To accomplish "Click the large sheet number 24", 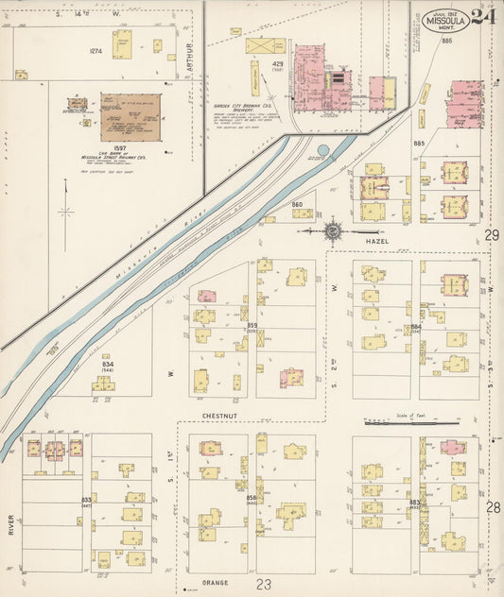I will pyautogui.click(x=483, y=17).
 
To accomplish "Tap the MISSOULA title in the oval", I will pyautogui.click(x=444, y=20).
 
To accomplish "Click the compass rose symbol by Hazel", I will pyautogui.click(x=334, y=230).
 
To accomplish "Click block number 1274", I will pyautogui.click(x=96, y=50).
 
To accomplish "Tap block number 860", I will pyautogui.click(x=297, y=204).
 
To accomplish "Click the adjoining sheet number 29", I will pyautogui.click(x=492, y=234).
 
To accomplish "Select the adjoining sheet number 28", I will pyautogui.click(x=492, y=507).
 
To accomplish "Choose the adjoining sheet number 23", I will pyautogui.click(x=263, y=586).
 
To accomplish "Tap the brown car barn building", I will pyautogui.click(x=130, y=117).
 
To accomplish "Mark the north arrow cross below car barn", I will pyautogui.click(x=66, y=211).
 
